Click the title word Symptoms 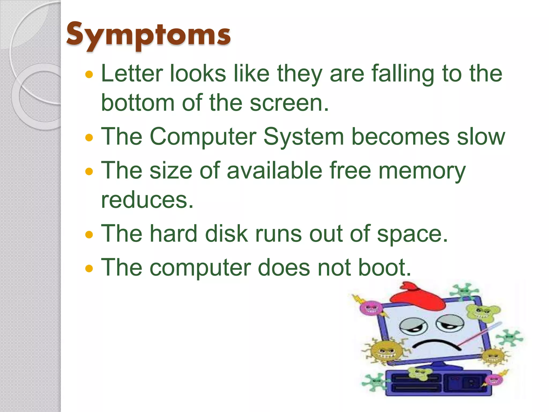(148, 35)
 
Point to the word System (303, 137)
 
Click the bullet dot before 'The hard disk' (89, 235)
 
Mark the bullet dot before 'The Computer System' (89, 138)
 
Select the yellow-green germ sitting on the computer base (420, 373)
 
